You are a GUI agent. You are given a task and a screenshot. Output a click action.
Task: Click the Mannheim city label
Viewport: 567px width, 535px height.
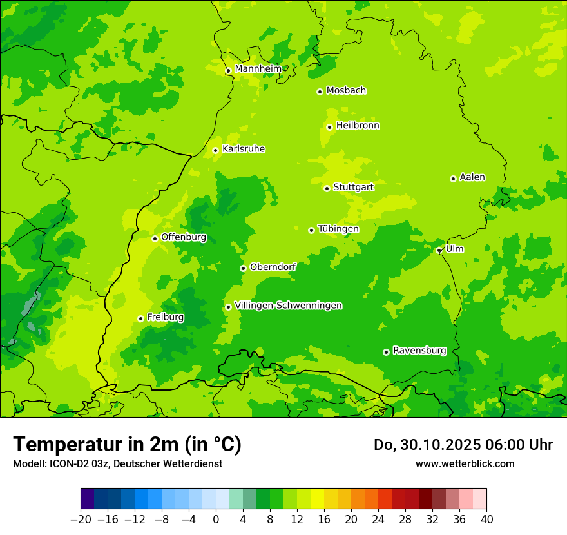pos(258,69)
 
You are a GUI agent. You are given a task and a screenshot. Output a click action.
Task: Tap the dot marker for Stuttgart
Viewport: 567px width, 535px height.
pos(327,188)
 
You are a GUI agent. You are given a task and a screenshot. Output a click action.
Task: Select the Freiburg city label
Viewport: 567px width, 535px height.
pos(166,317)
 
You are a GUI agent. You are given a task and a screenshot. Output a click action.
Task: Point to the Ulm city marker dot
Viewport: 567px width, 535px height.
pos(439,250)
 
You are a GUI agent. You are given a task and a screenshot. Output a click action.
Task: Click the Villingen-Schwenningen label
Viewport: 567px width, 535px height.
pos(288,306)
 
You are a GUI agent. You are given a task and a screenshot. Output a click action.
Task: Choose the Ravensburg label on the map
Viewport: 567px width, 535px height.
pos(419,351)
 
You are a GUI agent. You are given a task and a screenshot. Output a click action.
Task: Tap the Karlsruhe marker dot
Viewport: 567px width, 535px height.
pos(215,151)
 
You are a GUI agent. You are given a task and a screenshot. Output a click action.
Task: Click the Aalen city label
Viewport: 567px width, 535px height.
pos(472,177)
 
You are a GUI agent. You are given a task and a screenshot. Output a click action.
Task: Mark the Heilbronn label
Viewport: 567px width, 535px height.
pos(358,126)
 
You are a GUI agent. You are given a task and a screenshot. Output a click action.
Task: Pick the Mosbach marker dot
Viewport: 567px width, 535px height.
pos(320,92)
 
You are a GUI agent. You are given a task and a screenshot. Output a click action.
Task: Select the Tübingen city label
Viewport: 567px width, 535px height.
pos(338,229)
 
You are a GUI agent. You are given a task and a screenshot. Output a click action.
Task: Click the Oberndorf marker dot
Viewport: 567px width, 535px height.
pos(243,268)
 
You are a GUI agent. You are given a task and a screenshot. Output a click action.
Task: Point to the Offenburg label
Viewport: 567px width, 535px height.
pos(184,237)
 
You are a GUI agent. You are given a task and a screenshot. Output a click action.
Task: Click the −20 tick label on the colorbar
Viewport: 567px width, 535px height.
pos(81,519)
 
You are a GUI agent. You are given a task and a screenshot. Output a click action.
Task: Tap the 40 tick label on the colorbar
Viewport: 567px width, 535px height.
pos(486,519)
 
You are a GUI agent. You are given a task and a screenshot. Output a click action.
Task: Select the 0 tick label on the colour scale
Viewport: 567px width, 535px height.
pos(216,519)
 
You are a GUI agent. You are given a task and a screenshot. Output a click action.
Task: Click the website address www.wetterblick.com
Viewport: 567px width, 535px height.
pos(465,463)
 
